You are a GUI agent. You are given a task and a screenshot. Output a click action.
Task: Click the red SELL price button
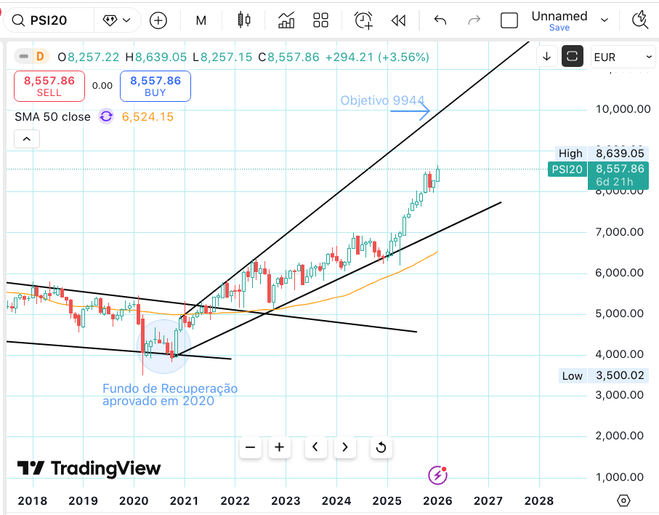[x=49, y=86]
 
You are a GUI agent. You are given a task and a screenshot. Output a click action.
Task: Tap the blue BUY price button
[x=155, y=86]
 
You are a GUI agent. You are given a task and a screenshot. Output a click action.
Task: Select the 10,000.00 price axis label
[x=623, y=109]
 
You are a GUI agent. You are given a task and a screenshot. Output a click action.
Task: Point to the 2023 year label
[x=286, y=500]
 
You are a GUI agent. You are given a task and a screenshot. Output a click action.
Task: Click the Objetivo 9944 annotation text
[x=382, y=100]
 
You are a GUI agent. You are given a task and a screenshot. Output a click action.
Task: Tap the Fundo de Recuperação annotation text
[x=169, y=394]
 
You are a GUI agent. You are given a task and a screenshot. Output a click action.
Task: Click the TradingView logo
[x=89, y=468]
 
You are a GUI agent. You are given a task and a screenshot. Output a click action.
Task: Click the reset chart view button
[x=381, y=447]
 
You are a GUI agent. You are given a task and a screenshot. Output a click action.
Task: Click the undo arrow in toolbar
[x=440, y=20]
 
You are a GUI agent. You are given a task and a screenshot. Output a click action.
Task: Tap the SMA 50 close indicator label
[x=52, y=116]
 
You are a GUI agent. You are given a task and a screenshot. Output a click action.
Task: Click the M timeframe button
[x=201, y=20]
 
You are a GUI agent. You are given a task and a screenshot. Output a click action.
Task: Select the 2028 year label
[x=539, y=500]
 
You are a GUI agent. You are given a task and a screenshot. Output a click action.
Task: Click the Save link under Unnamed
[x=559, y=28]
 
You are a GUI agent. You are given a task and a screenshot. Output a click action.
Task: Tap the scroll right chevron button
[x=345, y=447]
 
